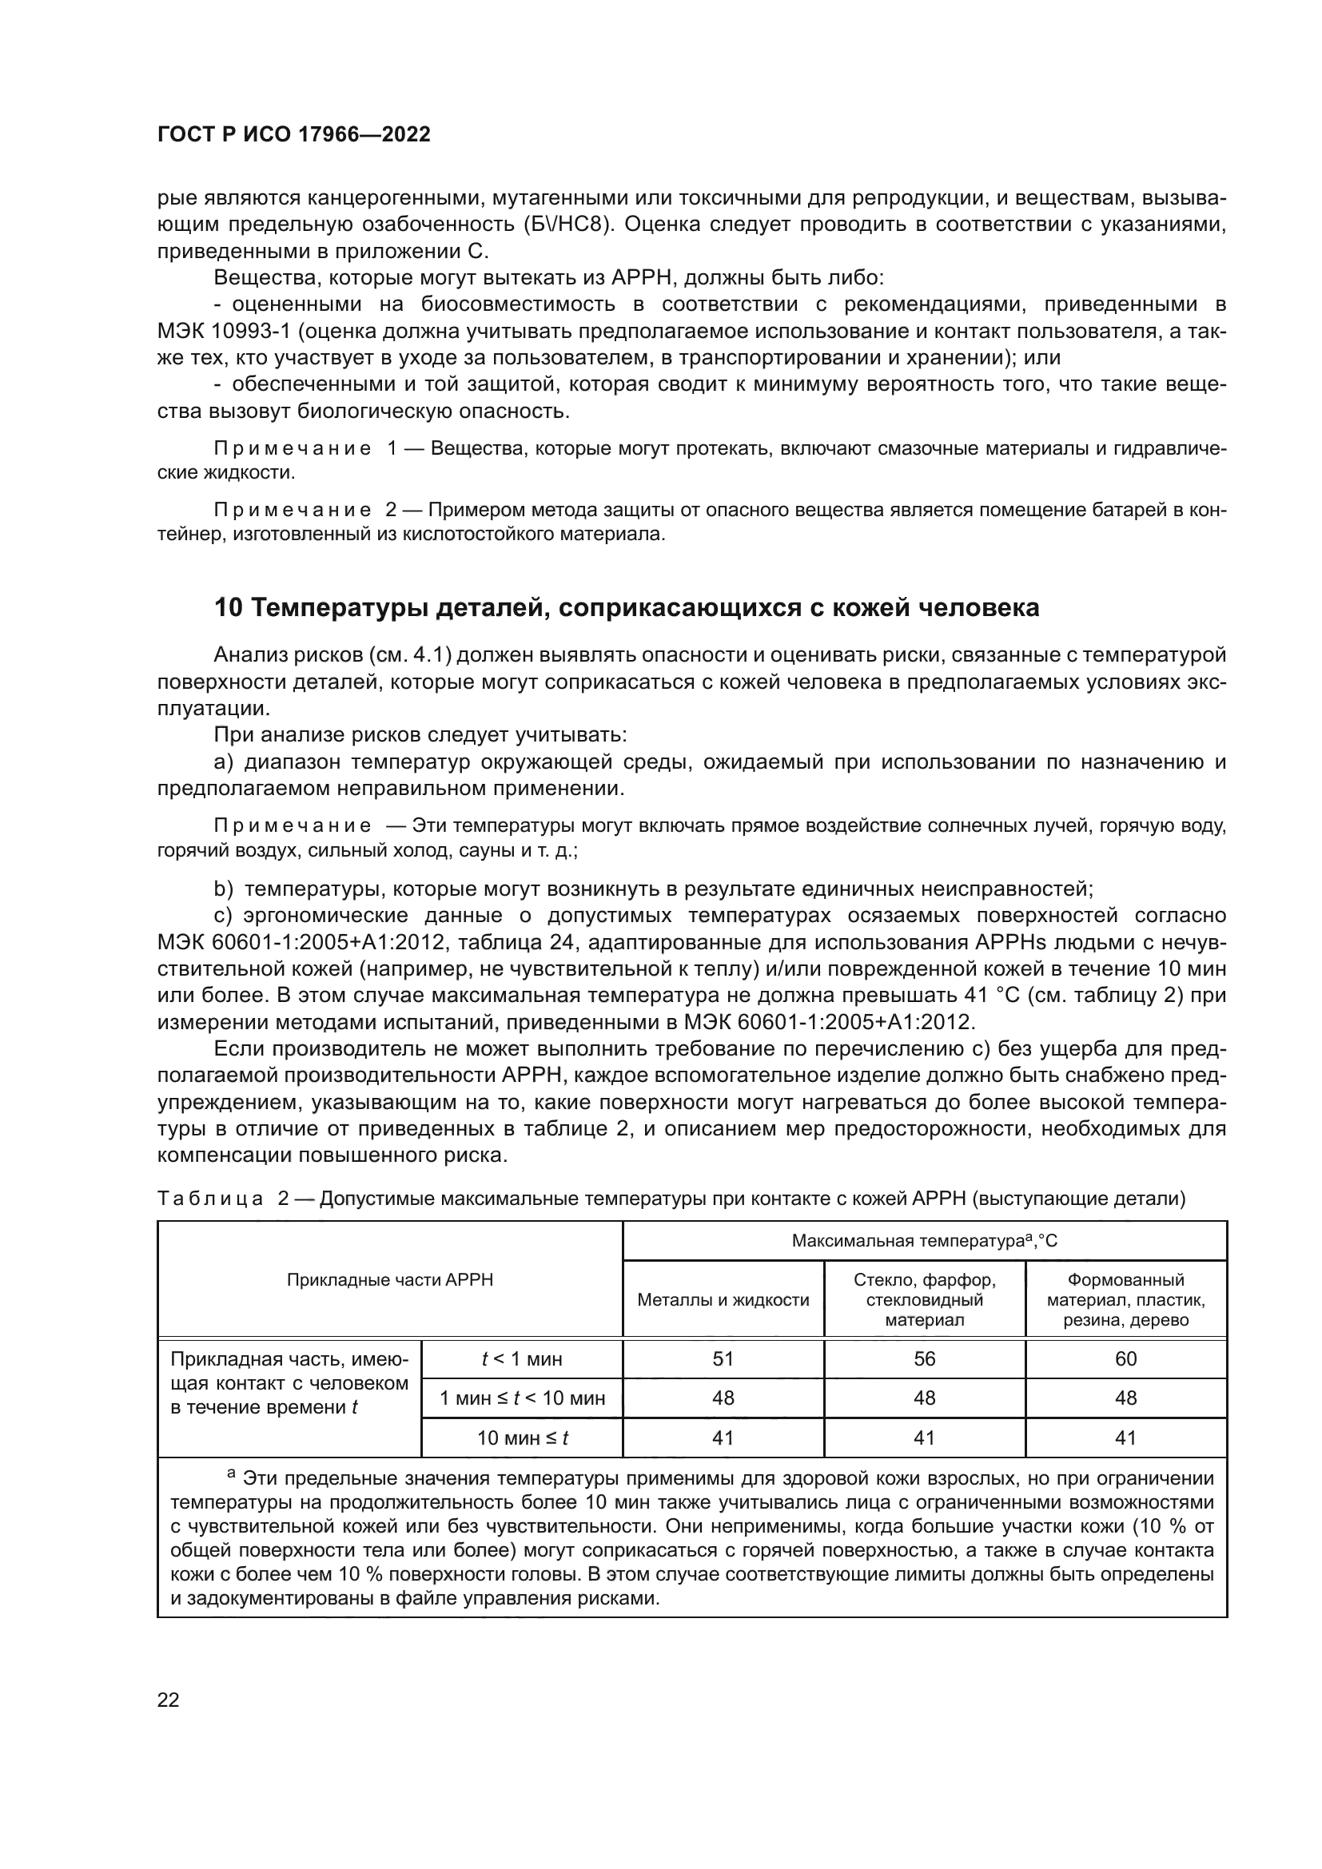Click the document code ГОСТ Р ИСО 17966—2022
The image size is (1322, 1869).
click(x=293, y=135)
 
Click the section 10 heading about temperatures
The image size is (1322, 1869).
click(x=626, y=607)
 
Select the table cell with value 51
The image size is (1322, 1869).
click(x=723, y=1358)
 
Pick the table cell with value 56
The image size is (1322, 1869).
click(x=924, y=1358)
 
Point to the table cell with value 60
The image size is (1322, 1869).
click(x=1126, y=1358)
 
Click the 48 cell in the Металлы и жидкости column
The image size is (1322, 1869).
click(x=723, y=1398)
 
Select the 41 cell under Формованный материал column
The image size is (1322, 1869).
click(x=1126, y=1438)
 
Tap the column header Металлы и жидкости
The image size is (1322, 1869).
click(x=723, y=1300)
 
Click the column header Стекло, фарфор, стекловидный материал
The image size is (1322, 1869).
click(x=924, y=1300)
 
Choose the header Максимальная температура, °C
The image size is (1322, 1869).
click(x=924, y=1242)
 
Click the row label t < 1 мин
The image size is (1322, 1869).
click(x=522, y=1358)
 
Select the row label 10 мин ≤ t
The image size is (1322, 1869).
click(x=522, y=1438)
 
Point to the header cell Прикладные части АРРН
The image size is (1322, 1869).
click(x=390, y=1279)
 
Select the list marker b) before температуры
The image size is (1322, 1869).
click(x=223, y=888)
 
